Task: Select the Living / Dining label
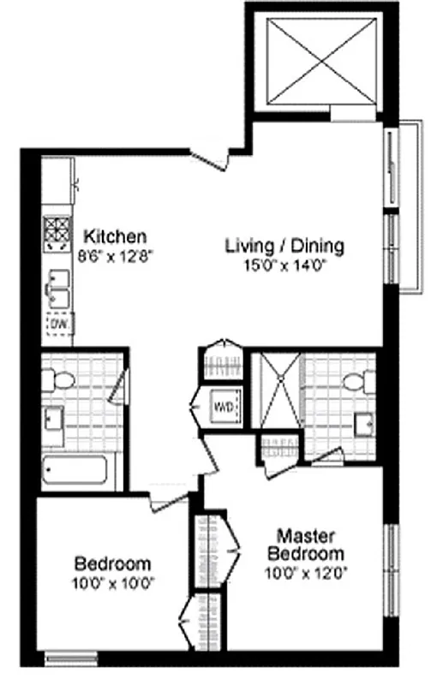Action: (284, 247)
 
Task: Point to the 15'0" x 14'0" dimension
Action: (284, 265)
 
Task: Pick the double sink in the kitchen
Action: (57, 287)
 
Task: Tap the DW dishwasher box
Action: (58, 325)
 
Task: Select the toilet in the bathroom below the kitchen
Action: (57, 378)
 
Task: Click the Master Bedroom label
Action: (309, 544)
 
